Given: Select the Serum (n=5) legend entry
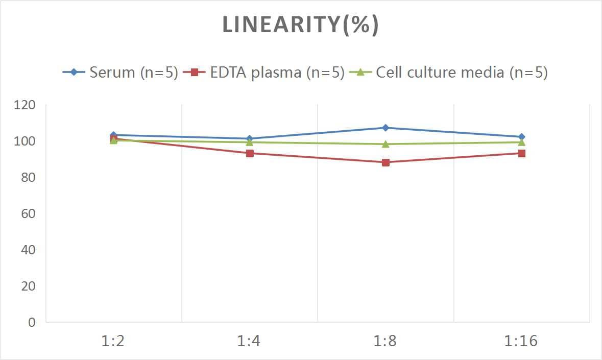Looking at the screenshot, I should coord(121,73).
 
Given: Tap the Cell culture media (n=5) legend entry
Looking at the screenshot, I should coord(449,73).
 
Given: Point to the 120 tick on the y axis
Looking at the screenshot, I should coord(25,105).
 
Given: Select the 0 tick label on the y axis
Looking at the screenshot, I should coord(32,322).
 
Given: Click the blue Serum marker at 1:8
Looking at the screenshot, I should coord(386,128).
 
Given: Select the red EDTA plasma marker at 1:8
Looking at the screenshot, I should coord(386,162).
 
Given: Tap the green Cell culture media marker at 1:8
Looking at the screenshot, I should coord(386,144).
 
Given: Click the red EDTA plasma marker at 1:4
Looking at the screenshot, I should coord(250,153).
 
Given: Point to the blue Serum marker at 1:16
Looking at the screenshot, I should coord(521,137).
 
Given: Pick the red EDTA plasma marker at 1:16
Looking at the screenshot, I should coord(521,153).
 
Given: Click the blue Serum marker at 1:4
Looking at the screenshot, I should coord(250,138).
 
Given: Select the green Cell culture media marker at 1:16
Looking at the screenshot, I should coord(521,142).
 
